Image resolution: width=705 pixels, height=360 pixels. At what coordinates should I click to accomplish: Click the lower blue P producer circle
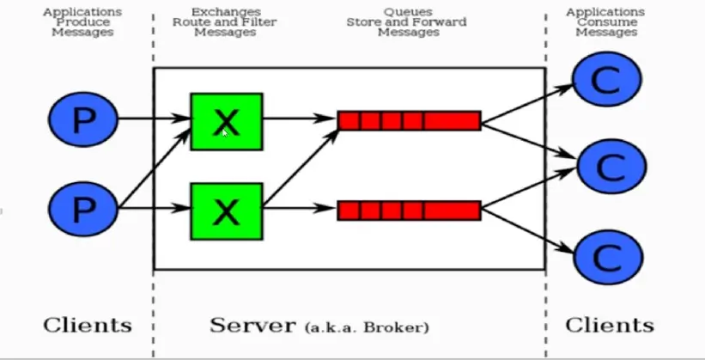point(82,208)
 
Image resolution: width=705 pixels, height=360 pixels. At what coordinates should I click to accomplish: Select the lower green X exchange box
point(226,210)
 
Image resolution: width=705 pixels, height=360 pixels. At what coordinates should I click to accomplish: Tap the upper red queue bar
point(409,120)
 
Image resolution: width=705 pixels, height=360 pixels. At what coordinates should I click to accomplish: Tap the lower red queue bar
point(409,210)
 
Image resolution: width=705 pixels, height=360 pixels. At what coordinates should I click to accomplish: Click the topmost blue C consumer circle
point(607,80)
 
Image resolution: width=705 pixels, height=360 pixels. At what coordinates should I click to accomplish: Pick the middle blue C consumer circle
point(607,165)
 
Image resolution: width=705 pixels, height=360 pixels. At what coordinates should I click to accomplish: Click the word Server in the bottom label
point(252,326)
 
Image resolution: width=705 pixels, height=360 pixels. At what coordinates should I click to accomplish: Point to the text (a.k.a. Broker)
point(367,327)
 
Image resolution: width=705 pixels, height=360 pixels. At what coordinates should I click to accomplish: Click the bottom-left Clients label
point(88,326)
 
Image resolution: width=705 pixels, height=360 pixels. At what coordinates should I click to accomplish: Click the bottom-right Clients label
point(609,326)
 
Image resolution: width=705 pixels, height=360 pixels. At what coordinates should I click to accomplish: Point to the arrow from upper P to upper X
point(153,119)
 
